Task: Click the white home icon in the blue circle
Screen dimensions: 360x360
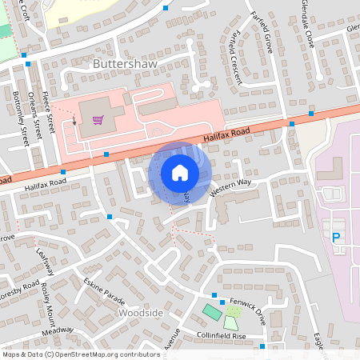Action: coord(180,173)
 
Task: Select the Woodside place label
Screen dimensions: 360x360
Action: coord(140,313)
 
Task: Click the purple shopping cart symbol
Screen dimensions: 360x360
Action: coord(98,121)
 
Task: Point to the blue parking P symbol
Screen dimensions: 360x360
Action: coord(336,237)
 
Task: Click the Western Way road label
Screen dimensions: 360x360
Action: coord(230,189)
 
